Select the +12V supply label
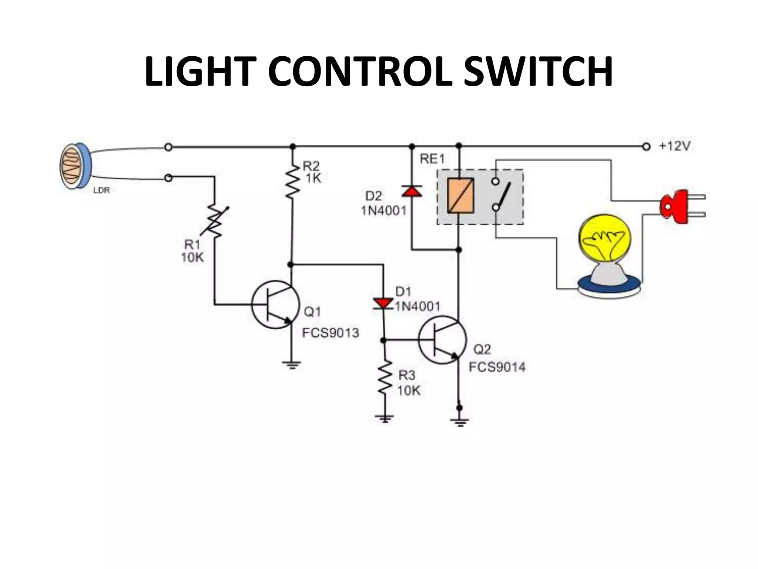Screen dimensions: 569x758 674,146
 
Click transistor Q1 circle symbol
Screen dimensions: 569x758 275,305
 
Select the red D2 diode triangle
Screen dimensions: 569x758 412,191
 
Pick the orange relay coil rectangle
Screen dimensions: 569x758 460,196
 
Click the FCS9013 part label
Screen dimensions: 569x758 331,333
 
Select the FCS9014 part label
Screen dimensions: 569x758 497,367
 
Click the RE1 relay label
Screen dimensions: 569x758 432,159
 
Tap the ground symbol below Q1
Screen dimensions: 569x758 292,366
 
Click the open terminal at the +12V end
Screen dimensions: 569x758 646,147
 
